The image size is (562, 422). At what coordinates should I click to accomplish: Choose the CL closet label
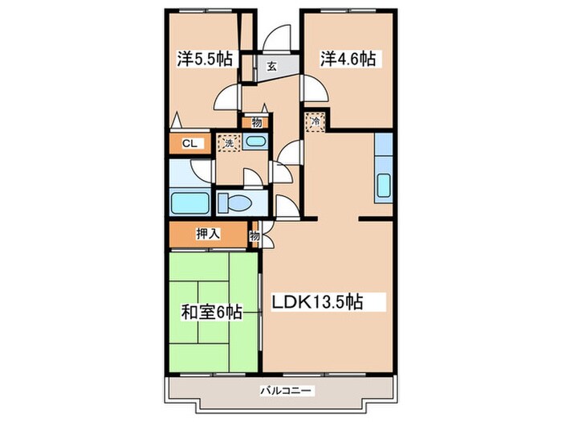point(189,144)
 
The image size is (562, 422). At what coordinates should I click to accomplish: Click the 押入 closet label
point(207,235)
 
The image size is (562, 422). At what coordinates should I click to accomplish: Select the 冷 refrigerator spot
point(315,122)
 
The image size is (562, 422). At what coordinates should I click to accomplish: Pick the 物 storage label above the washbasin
point(256,123)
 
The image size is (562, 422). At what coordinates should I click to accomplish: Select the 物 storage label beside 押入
point(255,236)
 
